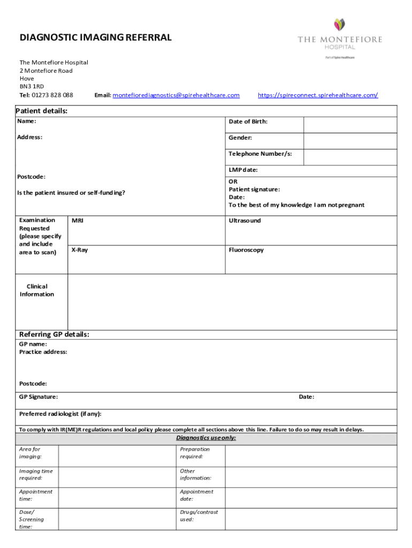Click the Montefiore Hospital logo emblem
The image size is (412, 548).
340,24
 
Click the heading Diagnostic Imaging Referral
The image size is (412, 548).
96,37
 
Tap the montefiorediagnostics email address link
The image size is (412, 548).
176,95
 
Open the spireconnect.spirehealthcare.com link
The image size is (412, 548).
318,95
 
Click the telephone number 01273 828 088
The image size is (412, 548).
52,95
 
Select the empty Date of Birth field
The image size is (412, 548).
350,125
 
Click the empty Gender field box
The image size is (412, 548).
350,141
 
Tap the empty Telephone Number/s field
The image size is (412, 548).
350,157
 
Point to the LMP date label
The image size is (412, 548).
243,170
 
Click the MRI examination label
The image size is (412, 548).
78,220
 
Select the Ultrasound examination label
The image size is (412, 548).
245,220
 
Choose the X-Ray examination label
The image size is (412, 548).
79,250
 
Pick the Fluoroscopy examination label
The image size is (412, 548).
246,250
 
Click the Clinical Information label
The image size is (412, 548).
37,290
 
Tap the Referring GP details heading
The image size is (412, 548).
54,334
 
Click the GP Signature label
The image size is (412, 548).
39,397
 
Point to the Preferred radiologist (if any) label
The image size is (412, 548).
60,414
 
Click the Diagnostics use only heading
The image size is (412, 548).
206,438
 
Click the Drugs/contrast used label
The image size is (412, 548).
199,515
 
